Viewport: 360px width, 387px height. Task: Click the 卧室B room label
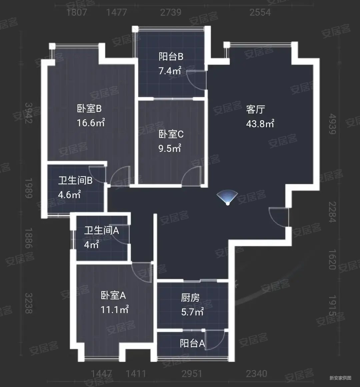click(x=89, y=109)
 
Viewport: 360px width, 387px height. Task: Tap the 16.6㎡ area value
click(x=91, y=123)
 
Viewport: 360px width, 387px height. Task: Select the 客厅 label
click(x=256, y=109)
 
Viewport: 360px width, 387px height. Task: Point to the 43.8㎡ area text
click(x=260, y=124)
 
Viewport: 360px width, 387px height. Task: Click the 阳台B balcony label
click(x=171, y=57)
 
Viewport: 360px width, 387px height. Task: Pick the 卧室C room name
click(x=171, y=134)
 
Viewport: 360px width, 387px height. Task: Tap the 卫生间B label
click(x=75, y=181)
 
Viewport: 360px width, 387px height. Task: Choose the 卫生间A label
click(x=101, y=230)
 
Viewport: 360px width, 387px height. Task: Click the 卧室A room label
click(x=113, y=295)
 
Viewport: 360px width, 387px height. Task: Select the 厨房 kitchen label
click(x=190, y=297)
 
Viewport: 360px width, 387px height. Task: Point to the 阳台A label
click(x=192, y=343)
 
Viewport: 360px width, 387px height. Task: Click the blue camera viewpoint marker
click(x=227, y=198)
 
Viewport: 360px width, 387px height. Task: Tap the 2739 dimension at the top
click(x=171, y=12)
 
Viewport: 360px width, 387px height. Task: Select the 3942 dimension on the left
click(x=29, y=113)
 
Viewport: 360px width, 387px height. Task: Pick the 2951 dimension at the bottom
click(x=192, y=373)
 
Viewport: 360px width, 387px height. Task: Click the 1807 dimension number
click(x=77, y=12)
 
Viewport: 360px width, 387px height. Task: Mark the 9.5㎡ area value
click(x=170, y=148)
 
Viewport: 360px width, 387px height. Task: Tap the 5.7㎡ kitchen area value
click(x=192, y=312)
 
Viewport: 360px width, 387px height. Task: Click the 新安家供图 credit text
click(x=340, y=378)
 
